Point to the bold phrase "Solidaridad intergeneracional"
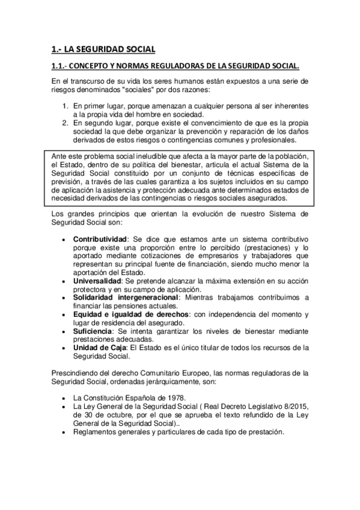click(126, 297)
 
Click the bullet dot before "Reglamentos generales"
click(64, 432)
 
